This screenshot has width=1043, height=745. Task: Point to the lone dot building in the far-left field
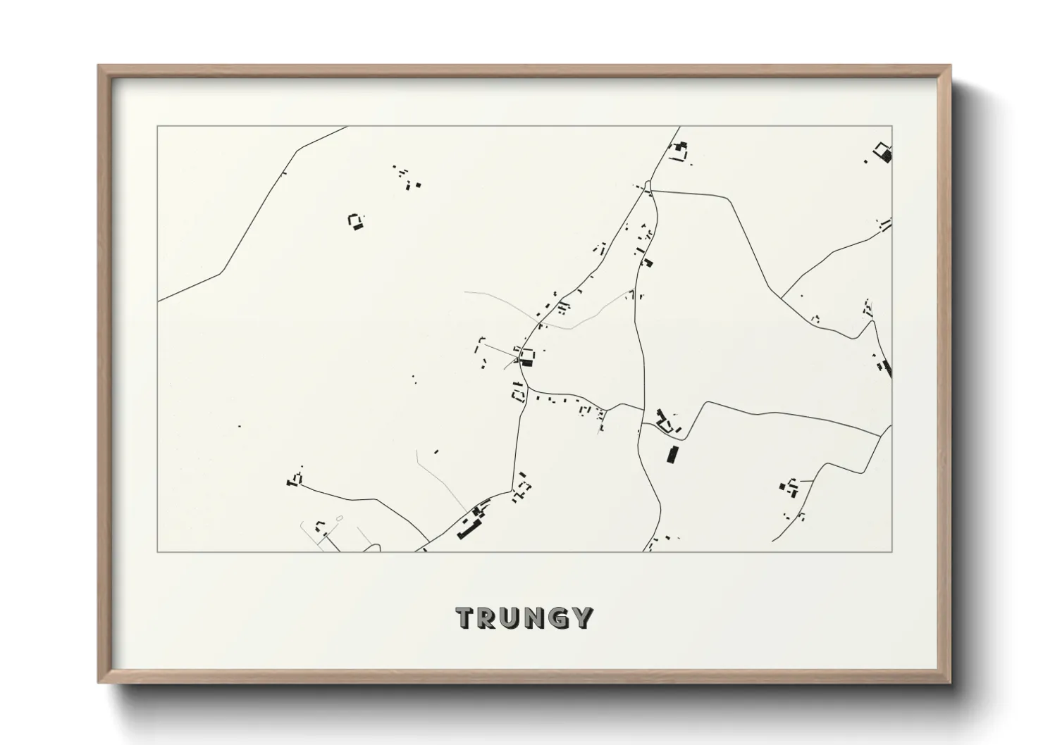click(239, 426)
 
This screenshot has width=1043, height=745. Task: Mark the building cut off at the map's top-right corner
click(884, 152)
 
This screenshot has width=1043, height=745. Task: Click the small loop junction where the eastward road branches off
click(649, 189)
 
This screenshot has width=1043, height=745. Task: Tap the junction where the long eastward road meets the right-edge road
click(881, 434)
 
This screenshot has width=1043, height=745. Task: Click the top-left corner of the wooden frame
click(99, 66)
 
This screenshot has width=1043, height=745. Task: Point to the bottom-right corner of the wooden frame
click(951, 682)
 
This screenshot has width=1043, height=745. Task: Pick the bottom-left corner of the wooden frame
click(99, 682)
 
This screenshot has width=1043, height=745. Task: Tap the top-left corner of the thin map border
click(157, 127)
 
